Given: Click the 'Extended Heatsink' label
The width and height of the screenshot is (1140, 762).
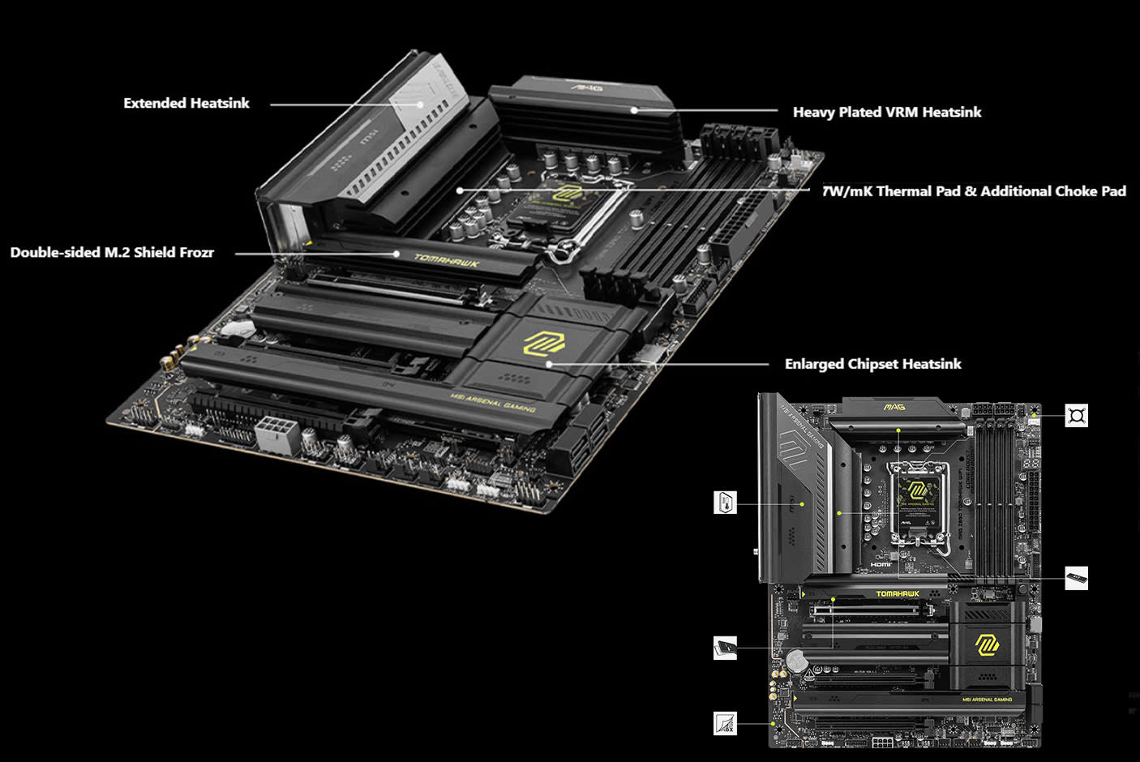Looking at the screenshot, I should coord(186,103).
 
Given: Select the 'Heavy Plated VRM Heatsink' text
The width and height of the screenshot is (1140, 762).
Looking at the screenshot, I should coord(886,112).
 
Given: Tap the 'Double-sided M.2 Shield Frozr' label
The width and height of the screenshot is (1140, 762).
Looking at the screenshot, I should coord(112,252).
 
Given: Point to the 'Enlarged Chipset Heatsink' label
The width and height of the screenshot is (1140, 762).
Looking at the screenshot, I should coord(872,364).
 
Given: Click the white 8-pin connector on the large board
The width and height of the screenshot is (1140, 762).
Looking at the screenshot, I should coord(276,434).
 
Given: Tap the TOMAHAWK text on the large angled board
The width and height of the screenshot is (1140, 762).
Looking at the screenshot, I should coord(447,261).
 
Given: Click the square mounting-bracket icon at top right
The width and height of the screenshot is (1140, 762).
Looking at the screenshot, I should coord(1076,416).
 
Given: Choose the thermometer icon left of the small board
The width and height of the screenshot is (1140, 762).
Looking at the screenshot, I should coord(725,502).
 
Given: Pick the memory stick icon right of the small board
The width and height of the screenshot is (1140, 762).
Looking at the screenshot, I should coord(1076,578).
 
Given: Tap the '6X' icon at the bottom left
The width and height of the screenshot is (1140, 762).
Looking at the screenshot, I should coord(725,723).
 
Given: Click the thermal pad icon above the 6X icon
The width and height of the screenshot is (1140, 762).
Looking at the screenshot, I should coord(725,648).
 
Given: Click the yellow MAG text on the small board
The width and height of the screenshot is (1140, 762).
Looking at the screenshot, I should coord(894,406).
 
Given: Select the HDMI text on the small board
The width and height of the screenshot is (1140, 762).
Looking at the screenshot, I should coord(881,564).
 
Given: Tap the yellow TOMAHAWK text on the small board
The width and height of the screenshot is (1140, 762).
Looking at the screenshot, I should coord(898,593).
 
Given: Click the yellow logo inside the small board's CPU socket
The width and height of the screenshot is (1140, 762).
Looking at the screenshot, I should coord(918,490).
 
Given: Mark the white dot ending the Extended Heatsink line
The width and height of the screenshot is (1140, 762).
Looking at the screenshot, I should coord(421,104).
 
